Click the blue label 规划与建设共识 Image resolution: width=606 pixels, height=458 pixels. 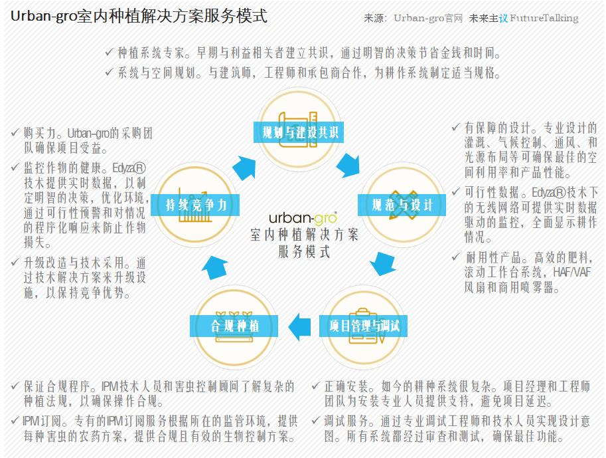(299, 132)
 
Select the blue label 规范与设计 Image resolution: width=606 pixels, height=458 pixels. (402, 205)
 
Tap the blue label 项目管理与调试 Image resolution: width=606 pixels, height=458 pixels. (363, 326)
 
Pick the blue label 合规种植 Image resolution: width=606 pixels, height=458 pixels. (234, 326)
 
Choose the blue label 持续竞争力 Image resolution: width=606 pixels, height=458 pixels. (195, 205)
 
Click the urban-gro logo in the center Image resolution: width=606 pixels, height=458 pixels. (303, 218)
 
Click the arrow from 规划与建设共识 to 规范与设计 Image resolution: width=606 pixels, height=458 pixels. (348, 166)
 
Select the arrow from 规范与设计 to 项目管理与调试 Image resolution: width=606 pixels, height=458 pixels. (382, 264)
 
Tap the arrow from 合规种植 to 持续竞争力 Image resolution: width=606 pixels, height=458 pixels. (215, 267)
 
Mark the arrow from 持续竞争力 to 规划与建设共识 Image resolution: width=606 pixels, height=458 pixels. (244, 168)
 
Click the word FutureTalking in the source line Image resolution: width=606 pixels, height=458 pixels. (544, 18)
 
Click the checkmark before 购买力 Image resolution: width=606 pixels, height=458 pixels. (15, 132)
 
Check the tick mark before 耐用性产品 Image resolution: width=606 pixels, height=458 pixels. (456, 257)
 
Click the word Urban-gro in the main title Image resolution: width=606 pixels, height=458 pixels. (43, 17)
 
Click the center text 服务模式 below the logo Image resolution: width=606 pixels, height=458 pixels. (304, 252)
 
